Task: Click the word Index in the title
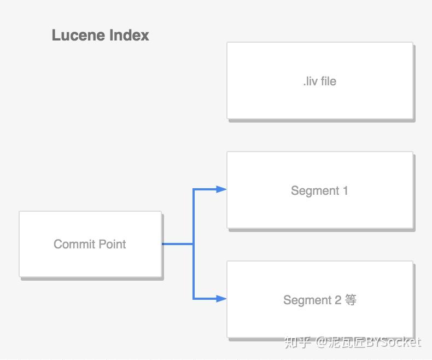[129, 36]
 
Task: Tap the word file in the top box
[328, 82]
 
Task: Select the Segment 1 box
[320, 211]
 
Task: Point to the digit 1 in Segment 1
[345, 191]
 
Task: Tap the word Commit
[74, 244]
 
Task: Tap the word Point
[112, 244]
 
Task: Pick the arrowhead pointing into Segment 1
[221, 189]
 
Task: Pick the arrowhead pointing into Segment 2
[221, 299]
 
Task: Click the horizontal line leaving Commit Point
[178, 244]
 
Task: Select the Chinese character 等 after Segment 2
[351, 300]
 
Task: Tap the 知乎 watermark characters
[298, 342]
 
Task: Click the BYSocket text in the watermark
[393, 342]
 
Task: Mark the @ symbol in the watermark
[322, 342]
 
